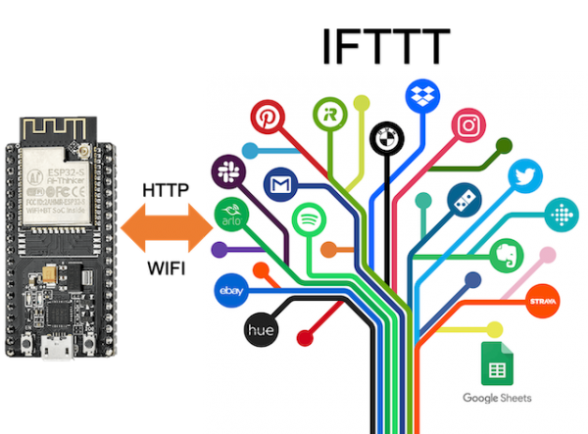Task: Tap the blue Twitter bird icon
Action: [x=524, y=176]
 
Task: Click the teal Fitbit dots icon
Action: [x=560, y=211]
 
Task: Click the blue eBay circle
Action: [x=232, y=290]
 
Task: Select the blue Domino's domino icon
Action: [x=464, y=200]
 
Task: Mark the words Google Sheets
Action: [x=497, y=398]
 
